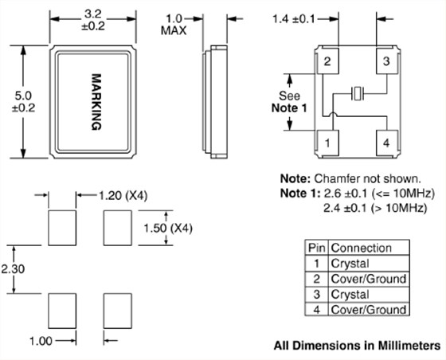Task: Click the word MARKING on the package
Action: pos(96,102)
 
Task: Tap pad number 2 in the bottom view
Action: pos(327,61)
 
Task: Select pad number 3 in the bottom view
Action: pos(386,61)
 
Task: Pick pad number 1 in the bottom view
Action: pos(327,143)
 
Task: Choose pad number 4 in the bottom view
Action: pos(386,143)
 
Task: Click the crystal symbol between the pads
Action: pos(358,93)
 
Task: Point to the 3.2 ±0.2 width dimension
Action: pos(93,20)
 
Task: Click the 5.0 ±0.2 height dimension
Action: pos(23,102)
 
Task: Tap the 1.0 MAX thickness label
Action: pos(174,25)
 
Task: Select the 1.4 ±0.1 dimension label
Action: pos(294,19)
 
